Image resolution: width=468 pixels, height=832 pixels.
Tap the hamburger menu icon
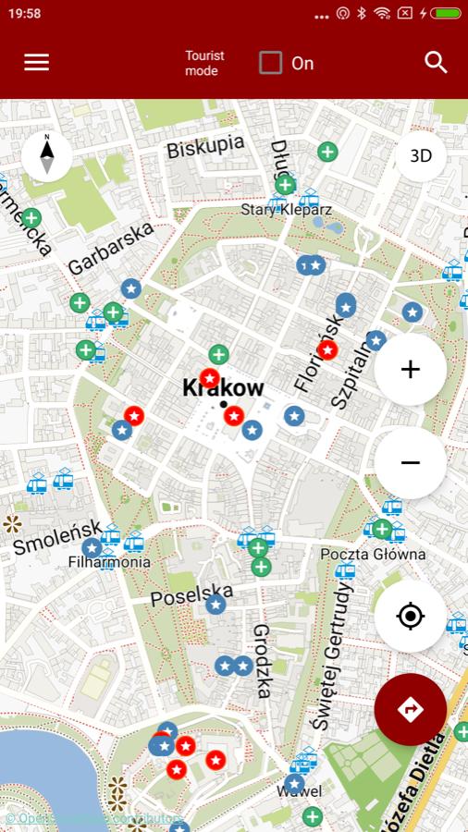pos(37,62)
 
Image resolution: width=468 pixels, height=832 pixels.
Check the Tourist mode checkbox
pos(270,63)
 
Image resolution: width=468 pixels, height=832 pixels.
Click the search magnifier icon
pos(436,62)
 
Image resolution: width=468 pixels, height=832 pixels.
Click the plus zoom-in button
pos(410,370)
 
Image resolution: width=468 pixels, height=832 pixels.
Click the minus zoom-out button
pos(410,462)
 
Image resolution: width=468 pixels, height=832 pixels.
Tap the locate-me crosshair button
pos(410,616)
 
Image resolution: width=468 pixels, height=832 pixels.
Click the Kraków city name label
pos(223,388)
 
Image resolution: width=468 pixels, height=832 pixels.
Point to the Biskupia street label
pos(205,146)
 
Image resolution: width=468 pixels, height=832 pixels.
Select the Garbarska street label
pos(110,248)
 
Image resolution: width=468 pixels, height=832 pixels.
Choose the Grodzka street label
pos(263,660)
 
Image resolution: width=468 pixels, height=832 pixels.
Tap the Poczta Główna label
pos(373,555)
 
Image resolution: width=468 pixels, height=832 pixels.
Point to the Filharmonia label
pos(109,562)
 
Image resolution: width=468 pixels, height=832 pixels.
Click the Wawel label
pos(299,791)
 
